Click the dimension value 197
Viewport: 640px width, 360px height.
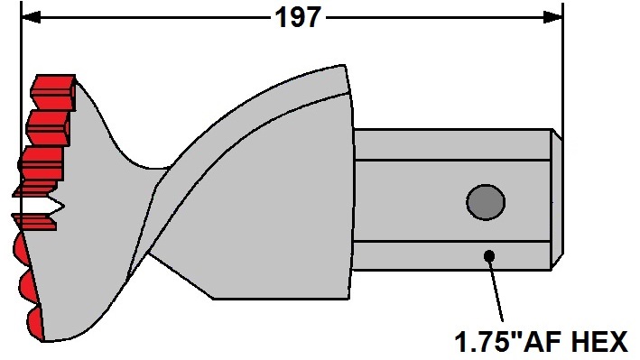tap(298, 18)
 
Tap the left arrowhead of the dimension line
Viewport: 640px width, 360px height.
tap(31, 17)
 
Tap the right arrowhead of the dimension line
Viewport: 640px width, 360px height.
tap(552, 17)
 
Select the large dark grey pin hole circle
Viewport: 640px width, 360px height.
tap(486, 202)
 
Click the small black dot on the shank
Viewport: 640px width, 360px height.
tap(489, 256)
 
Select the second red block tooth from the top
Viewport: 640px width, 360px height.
tap(48, 127)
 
